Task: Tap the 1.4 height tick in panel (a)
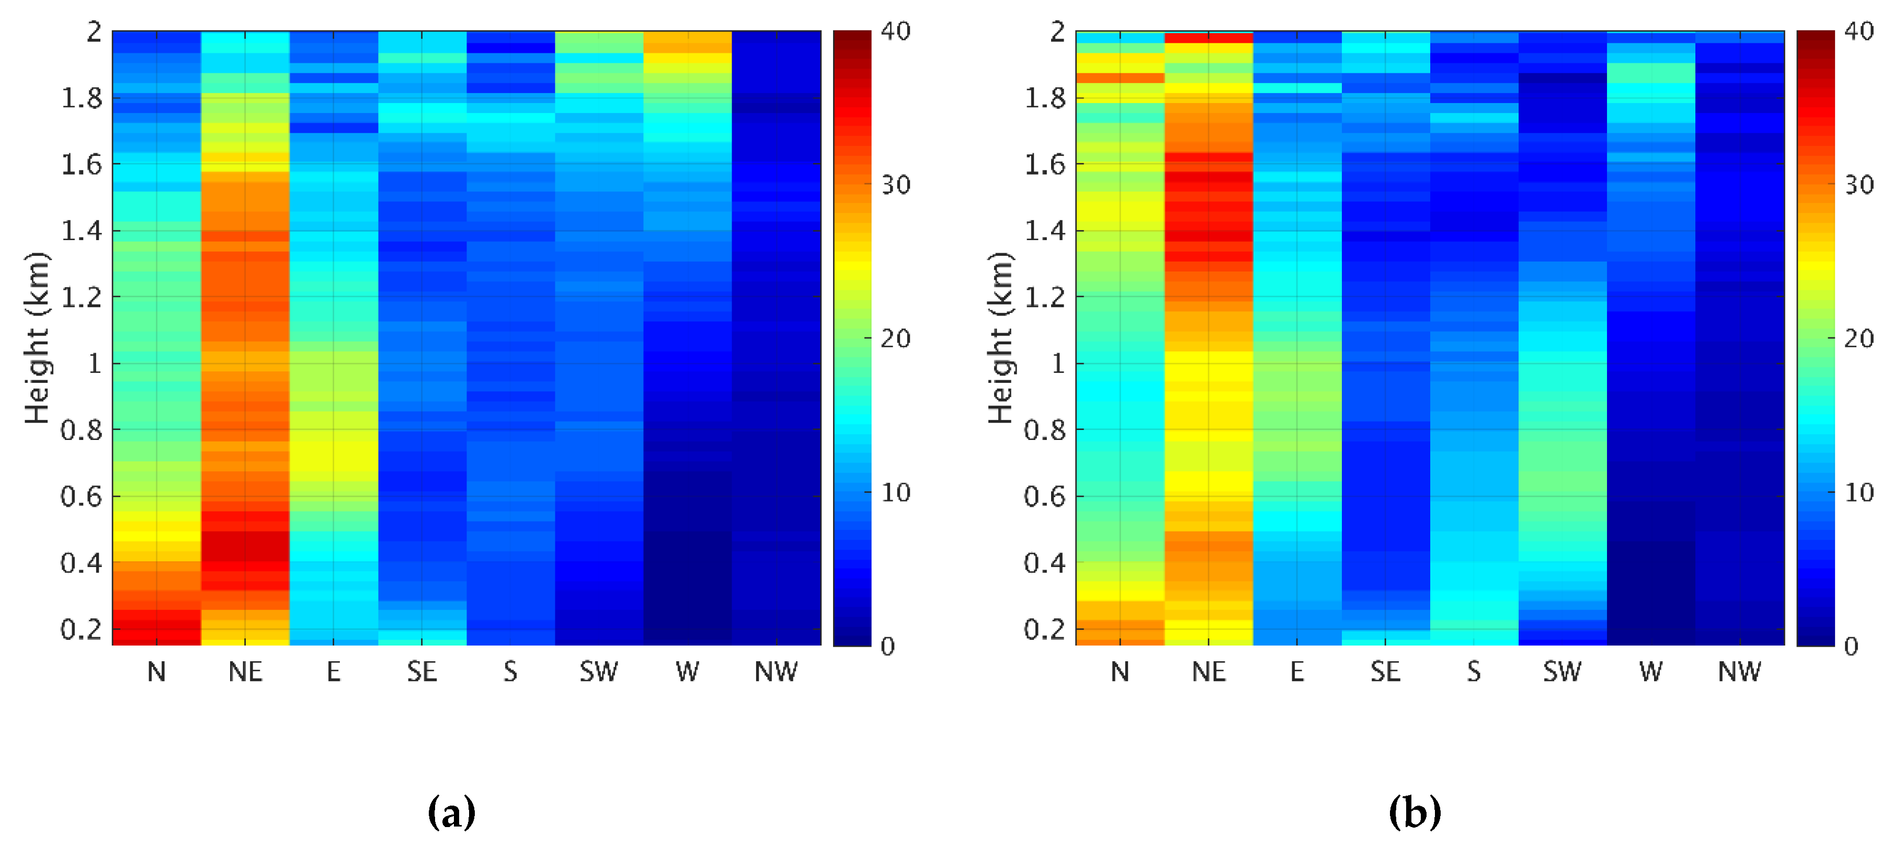coord(81,231)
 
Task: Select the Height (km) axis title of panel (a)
coord(37,338)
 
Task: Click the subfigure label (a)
coord(452,812)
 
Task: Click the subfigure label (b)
coord(1415,812)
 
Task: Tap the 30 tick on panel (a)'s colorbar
coord(896,185)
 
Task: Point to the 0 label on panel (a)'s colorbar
coord(888,647)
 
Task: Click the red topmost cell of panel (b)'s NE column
coord(1208,37)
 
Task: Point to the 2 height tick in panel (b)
coord(1058,32)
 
